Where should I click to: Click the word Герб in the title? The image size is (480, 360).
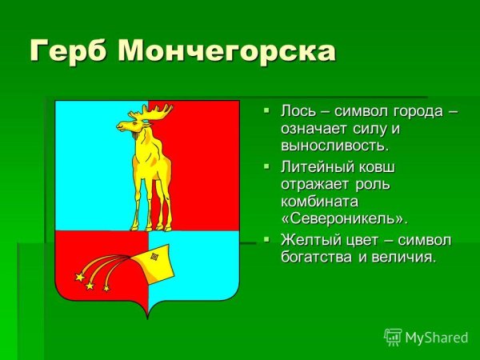pyautogui.click(x=69, y=51)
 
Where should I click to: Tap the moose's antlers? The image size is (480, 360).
pyautogui.click(x=152, y=112)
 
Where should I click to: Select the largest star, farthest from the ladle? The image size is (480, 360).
pyautogui.click(x=79, y=278)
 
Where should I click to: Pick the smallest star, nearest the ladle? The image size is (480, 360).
pyautogui.click(x=106, y=288)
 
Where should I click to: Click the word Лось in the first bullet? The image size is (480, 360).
pyautogui.click(x=298, y=111)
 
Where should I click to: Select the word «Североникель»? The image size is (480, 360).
pyautogui.click(x=344, y=218)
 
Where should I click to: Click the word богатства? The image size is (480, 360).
pyautogui.click(x=316, y=257)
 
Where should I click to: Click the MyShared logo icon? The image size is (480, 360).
pyautogui.click(x=393, y=337)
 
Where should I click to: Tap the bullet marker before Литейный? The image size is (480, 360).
pyautogui.click(x=266, y=166)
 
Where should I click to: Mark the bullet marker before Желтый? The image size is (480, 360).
pyautogui.click(x=266, y=238)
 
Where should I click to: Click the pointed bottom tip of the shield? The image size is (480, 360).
pyautogui.click(x=147, y=318)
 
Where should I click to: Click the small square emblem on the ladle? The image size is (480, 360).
pyautogui.click(x=154, y=256)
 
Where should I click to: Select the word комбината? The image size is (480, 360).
pyautogui.click(x=319, y=202)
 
